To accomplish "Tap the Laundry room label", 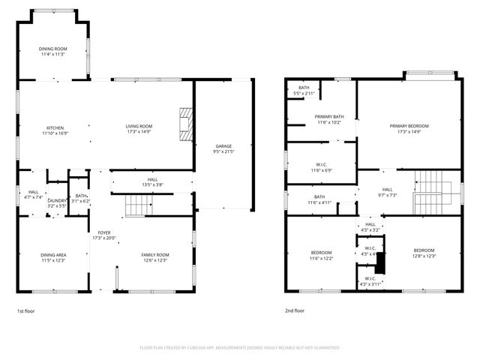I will click(x=58, y=202).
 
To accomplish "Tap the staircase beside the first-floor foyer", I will click(x=136, y=205).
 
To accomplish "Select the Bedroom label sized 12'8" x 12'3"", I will click(x=424, y=253).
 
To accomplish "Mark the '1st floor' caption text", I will click(x=26, y=310).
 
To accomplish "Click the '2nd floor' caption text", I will click(x=295, y=310).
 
